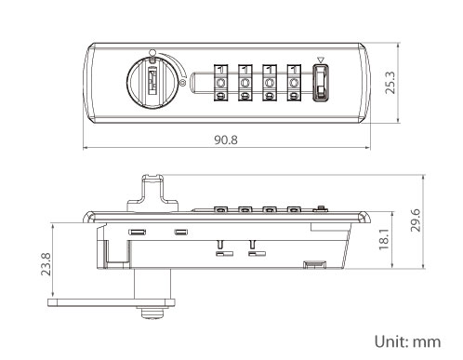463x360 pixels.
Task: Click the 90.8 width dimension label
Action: tap(226, 140)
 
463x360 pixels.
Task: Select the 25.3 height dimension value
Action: tap(390, 83)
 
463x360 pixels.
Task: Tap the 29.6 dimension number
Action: tap(416, 220)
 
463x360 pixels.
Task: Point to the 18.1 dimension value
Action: tap(384, 239)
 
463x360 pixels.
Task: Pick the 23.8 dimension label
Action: tap(46, 264)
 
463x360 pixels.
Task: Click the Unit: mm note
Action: tap(407, 341)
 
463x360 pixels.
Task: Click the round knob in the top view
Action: tap(152, 83)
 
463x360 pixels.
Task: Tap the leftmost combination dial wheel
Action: tap(220, 83)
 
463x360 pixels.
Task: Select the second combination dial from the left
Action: tap(245, 83)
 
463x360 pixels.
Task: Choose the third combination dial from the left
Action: tap(270, 83)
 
